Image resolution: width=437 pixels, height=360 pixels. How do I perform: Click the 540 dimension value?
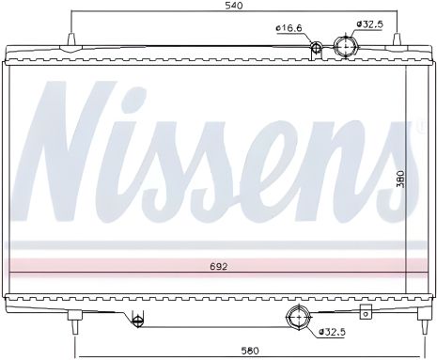click(235, 8)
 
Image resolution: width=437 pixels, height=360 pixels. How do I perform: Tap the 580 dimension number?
click(249, 352)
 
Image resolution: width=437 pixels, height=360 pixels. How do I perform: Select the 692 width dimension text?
click(219, 266)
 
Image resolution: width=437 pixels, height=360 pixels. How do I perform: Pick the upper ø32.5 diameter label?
click(370, 23)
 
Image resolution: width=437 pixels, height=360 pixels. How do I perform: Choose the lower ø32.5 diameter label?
click(333, 332)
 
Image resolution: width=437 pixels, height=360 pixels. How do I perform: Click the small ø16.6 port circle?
click(317, 48)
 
